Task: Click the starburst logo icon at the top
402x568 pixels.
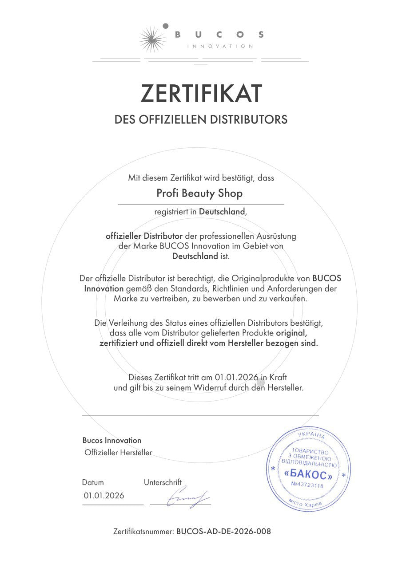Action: click(152, 39)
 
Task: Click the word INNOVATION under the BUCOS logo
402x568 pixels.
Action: click(220, 46)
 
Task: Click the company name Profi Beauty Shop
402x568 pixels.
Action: click(200, 193)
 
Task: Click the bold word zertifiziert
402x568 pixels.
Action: click(118, 343)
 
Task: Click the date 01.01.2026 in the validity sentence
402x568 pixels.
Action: click(237, 377)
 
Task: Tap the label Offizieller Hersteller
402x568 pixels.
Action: click(118, 453)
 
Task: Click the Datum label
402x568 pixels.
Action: click(93, 482)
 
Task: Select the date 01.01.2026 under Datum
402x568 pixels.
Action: click(104, 496)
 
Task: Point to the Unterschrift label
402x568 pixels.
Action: click(163, 482)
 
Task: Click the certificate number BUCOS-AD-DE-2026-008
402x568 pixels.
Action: click(223, 531)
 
